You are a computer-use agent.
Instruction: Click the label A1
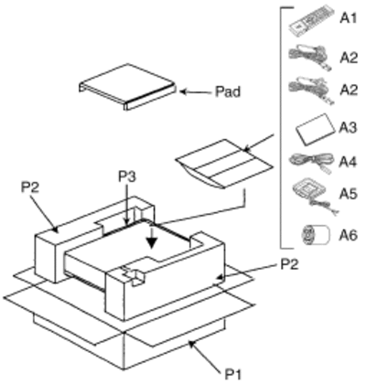click(x=348, y=18)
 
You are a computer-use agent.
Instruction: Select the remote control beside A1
click(x=312, y=20)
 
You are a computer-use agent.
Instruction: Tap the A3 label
click(x=348, y=128)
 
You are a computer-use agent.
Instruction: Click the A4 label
click(x=348, y=162)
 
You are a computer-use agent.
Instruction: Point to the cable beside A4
click(x=310, y=163)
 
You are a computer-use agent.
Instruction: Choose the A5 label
click(x=348, y=194)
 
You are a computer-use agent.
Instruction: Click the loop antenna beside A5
click(x=314, y=197)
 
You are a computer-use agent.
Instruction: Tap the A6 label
click(x=348, y=235)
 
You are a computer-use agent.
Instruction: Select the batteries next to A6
click(x=316, y=235)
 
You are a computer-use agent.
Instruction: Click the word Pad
click(x=228, y=91)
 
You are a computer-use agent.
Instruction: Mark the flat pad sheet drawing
click(x=127, y=87)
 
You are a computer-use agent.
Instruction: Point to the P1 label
click(x=233, y=374)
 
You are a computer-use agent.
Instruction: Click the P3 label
click(x=127, y=177)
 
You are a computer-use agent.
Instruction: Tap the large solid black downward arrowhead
click(x=152, y=243)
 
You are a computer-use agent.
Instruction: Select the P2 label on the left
click(x=30, y=187)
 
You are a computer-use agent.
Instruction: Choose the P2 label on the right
click(x=289, y=264)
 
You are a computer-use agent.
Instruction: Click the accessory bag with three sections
click(x=224, y=164)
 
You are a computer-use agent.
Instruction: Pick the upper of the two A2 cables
click(x=310, y=58)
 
